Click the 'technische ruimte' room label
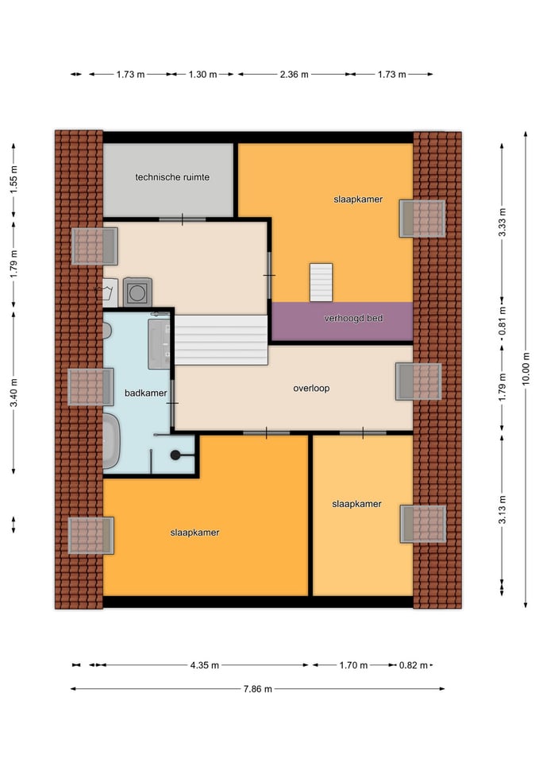point(172,177)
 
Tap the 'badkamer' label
point(145,393)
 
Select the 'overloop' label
point(311,388)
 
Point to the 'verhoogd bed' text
point(353,318)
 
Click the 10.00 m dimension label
point(526,370)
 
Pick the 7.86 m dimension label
point(257,688)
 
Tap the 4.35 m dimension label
point(204,664)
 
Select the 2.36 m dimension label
point(294,75)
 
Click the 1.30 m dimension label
point(202,75)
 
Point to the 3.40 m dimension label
point(13,392)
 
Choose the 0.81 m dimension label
point(502,320)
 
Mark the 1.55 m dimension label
point(13,180)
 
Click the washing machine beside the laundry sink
point(137,292)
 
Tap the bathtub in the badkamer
point(111,441)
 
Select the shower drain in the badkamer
point(175,455)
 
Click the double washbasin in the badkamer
point(159,343)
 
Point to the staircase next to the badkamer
point(221,339)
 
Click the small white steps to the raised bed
point(321,282)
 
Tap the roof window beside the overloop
point(418,381)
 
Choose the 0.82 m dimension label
point(413,664)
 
